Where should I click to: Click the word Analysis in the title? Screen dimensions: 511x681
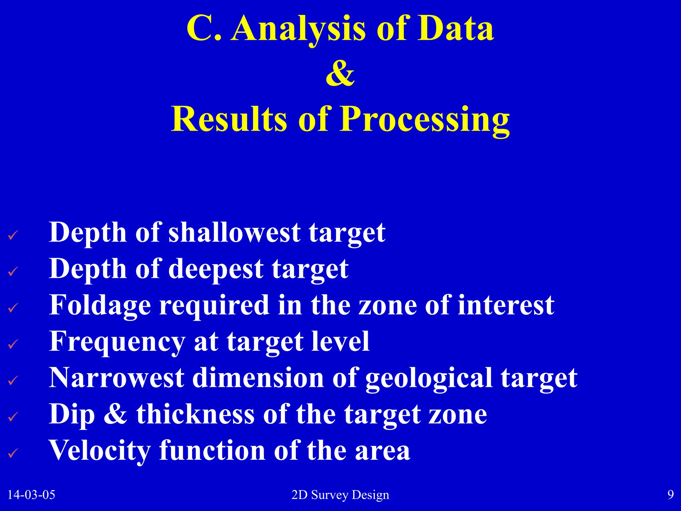[299, 29]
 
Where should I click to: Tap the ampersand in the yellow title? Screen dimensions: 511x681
[340, 73]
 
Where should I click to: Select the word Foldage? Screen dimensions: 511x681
[100, 305]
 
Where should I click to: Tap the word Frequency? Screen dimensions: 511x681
[117, 342]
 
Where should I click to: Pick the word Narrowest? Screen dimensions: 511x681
[116, 378]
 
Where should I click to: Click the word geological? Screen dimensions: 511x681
[429, 379]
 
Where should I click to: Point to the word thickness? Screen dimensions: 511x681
[195, 414]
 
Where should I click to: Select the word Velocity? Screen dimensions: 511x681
[100, 451]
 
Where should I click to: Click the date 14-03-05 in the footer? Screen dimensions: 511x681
[31, 495]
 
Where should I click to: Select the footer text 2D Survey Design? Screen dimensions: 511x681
[340, 495]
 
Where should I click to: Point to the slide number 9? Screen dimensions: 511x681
[670, 495]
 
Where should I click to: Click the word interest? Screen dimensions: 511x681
[506, 305]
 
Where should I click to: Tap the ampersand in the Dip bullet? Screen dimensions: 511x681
[115, 414]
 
